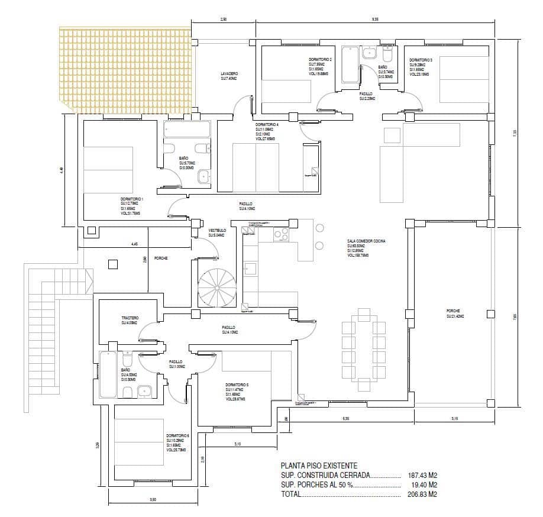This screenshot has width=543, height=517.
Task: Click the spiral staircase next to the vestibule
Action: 216,287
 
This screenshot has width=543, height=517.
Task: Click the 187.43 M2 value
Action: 423,475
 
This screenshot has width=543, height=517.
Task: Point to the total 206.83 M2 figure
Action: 423,494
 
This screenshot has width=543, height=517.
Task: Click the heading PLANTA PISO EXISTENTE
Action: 319,466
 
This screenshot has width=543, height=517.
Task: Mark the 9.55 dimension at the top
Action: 374,20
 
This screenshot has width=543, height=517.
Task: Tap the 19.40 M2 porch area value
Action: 423,484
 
